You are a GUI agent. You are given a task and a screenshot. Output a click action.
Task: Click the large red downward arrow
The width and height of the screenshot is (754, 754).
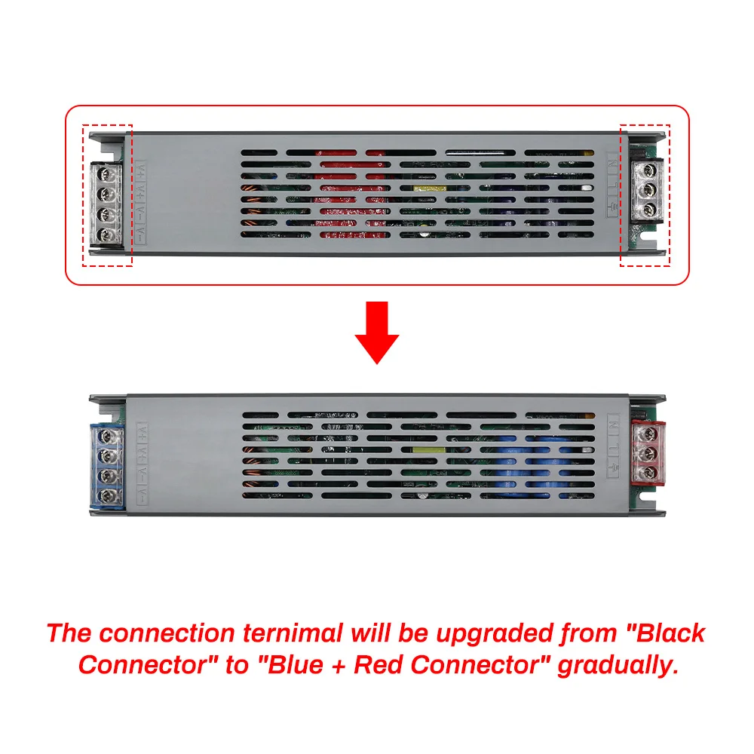(x=377, y=329)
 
